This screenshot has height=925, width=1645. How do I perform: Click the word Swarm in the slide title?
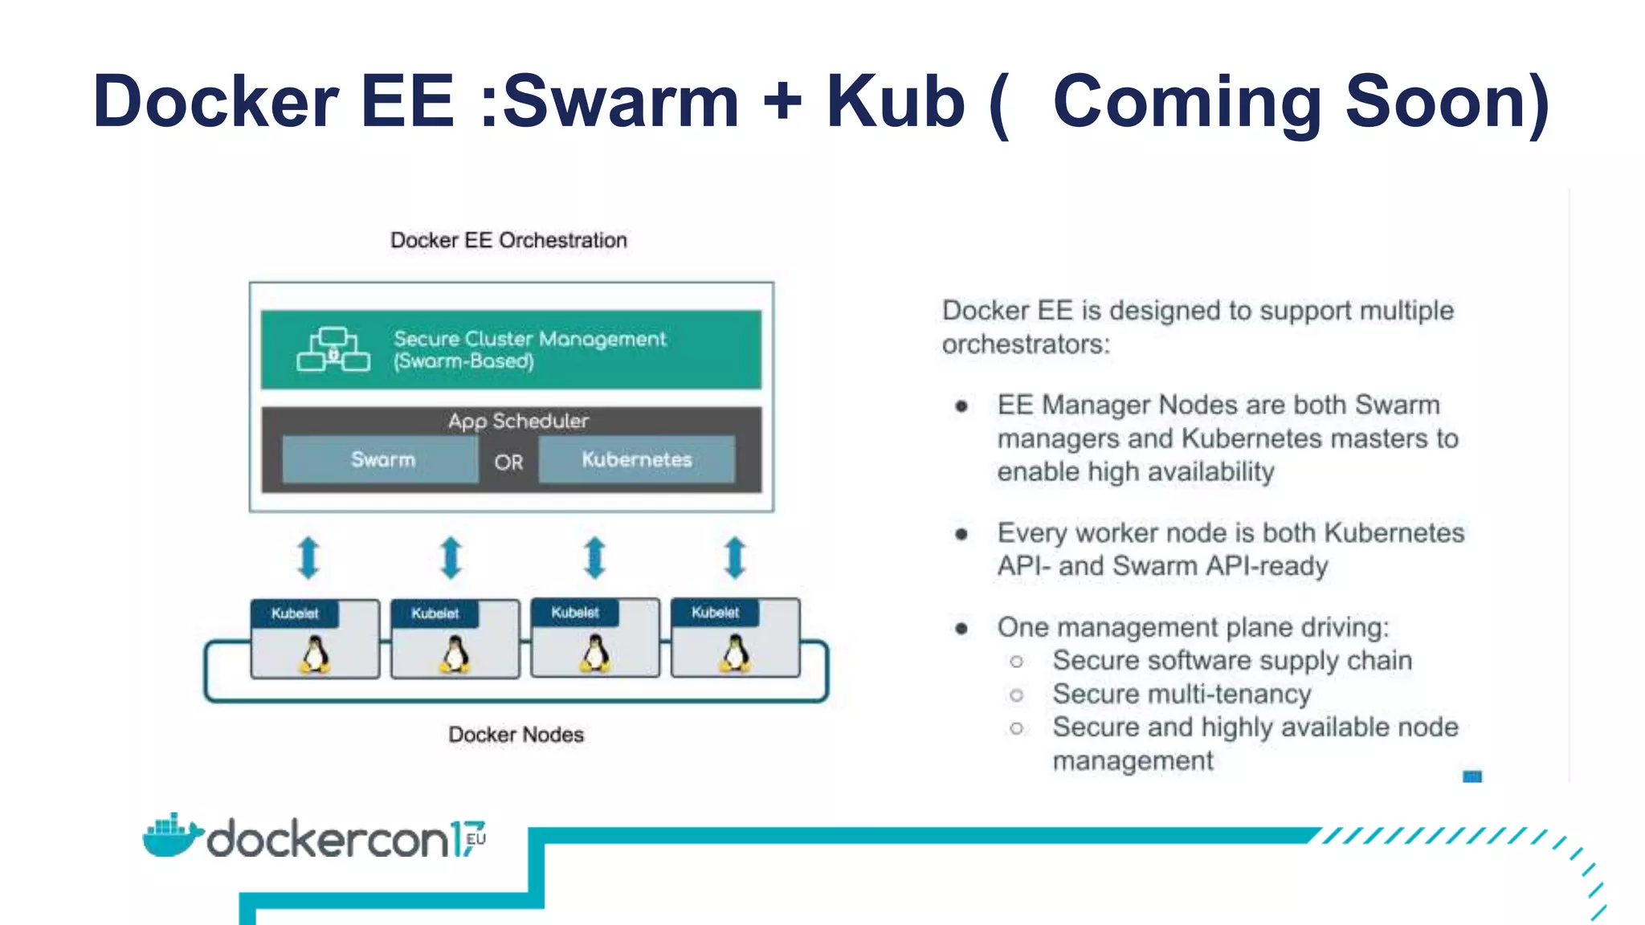[620, 101]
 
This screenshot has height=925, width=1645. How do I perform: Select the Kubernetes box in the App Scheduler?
[636, 459]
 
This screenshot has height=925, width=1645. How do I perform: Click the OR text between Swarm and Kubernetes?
[508, 462]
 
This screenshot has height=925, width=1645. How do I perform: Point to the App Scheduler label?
[518, 421]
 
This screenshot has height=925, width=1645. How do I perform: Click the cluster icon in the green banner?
[333, 350]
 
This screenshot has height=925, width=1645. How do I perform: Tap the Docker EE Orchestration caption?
[508, 240]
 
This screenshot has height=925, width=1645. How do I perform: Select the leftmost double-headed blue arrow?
[308, 557]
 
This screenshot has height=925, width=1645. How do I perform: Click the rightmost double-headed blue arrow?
[735, 557]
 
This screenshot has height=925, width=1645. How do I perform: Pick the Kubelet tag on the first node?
[295, 613]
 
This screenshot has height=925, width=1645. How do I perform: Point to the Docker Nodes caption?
[516, 735]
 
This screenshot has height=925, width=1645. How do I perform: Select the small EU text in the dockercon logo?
[476, 839]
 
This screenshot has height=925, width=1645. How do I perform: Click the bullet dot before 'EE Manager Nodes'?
[961, 406]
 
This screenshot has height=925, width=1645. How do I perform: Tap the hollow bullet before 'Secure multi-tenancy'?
[1017, 695]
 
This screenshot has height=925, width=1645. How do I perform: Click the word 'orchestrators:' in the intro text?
[1026, 344]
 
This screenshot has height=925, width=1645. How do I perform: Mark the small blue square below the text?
[1472, 776]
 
